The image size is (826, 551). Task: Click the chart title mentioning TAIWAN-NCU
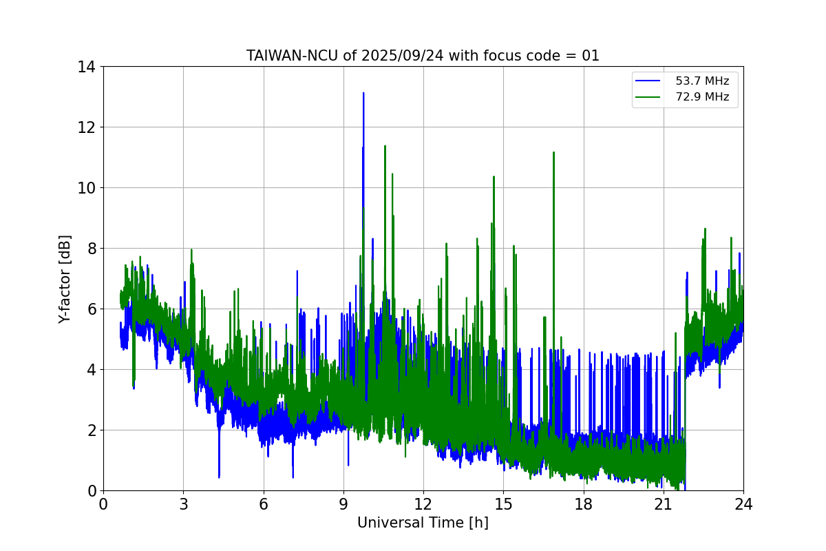(x=423, y=56)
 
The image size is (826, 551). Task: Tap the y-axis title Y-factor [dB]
(x=65, y=279)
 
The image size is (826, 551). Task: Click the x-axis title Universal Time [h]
(x=423, y=523)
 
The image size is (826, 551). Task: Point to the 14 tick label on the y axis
(x=86, y=67)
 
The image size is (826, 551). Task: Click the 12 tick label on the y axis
(x=86, y=127)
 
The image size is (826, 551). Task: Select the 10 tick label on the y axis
(x=86, y=188)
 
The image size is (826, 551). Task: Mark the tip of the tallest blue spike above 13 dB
(x=363, y=93)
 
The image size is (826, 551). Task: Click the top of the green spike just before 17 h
(x=553, y=152)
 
